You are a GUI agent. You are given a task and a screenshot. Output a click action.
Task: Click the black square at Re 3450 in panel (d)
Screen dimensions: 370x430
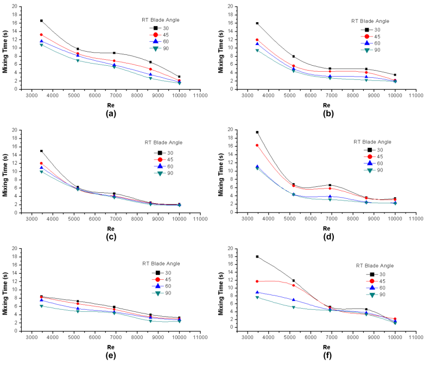pyautogui.click(x=257, y=132)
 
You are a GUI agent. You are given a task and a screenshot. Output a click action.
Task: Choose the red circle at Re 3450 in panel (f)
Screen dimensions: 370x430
pyautogui.click(x=257, y=281)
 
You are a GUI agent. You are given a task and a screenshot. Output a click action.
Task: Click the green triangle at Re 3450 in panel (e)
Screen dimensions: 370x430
pyautogui.click(x=41, y=306)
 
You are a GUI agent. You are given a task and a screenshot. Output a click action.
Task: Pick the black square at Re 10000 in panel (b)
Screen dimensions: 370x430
pyautogui.click(x=395, y=75)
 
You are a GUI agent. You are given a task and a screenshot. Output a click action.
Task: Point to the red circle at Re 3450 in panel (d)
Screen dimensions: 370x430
pyautogui.click(x=257, y=145)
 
